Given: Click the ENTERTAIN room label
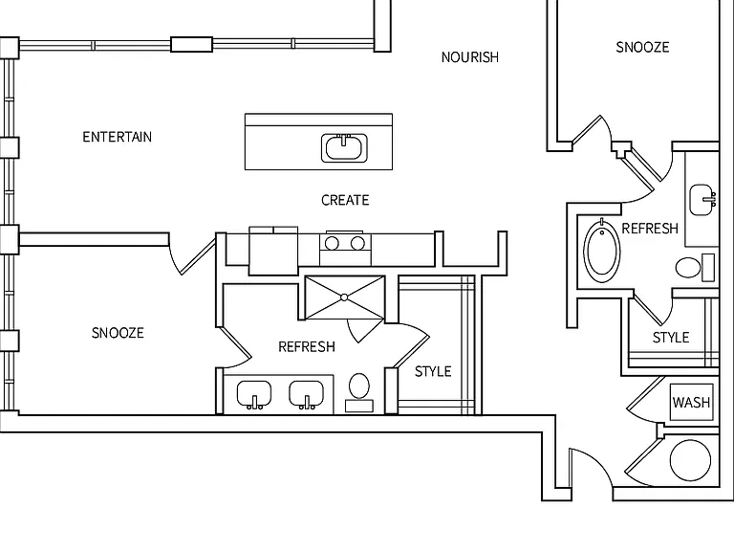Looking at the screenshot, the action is point(117,137).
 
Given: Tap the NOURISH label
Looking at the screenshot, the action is point(470,57).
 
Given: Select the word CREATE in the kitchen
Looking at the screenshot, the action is point(345,200).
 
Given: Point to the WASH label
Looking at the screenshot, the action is point(691,402).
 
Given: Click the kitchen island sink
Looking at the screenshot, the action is point(344,147).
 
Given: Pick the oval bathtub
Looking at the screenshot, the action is point(602,251).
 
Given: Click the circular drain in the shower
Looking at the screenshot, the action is point(344,298).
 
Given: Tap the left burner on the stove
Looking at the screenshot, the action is point(332,243).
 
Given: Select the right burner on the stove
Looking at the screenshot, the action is point(358,243).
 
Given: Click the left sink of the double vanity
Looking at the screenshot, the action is point(254,394).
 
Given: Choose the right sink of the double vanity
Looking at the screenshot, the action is point(307,394).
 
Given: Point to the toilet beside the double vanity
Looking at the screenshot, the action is point(359,392).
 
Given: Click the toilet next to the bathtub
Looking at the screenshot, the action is point(695,268).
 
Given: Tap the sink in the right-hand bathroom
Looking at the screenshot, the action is point(702,200).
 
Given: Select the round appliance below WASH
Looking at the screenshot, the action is point(690,460).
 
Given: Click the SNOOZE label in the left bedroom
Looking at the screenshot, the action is point(118,333).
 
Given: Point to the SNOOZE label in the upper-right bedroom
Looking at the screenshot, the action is point(642,47).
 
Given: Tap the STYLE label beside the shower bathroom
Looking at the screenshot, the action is point(433,371).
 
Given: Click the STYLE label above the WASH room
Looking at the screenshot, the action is point(671,338).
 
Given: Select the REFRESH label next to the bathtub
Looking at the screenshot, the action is point(650,229).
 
